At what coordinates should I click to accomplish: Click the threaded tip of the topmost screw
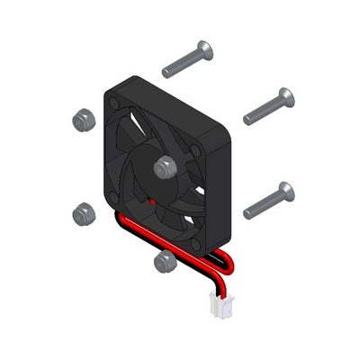click(x=167, y=70)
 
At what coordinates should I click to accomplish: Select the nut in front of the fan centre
click(x=165, y=166)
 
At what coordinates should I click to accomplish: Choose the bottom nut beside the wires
click(x=164, y=261)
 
